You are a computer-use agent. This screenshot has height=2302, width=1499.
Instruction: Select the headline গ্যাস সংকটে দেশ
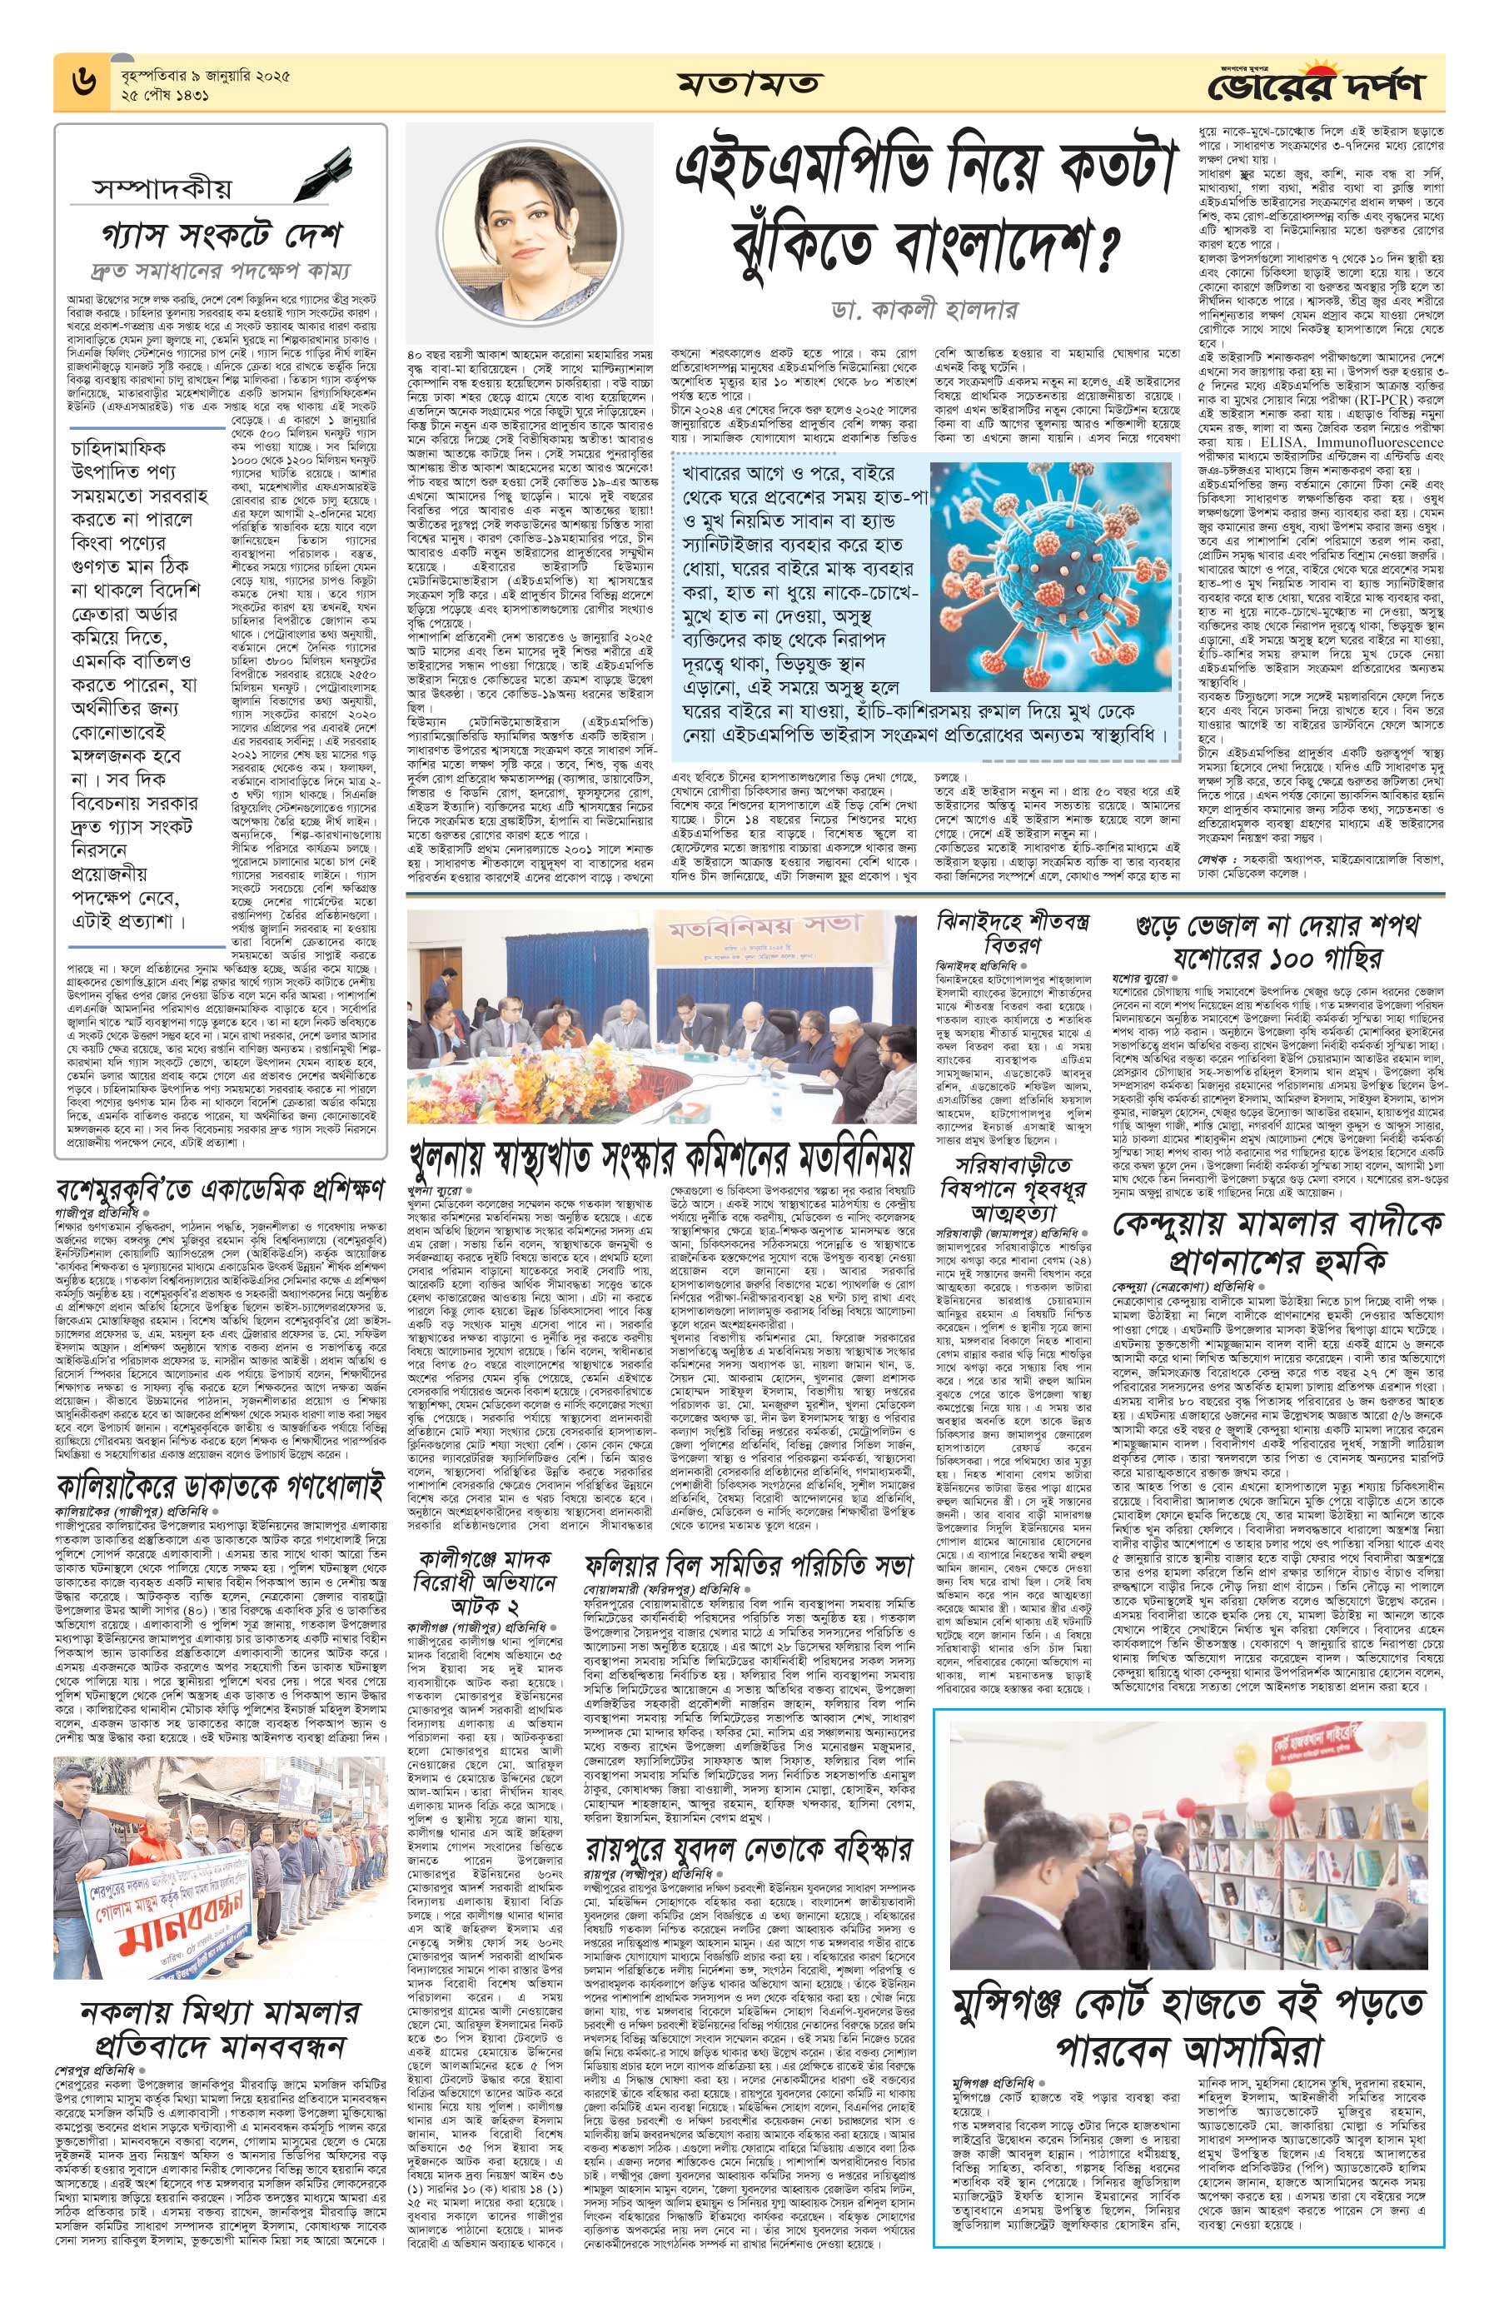(x=222, y=235)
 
